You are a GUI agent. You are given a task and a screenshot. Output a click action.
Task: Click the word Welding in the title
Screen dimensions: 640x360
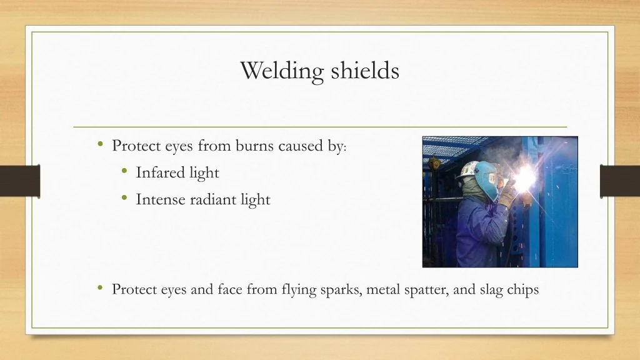[x=282, y=71]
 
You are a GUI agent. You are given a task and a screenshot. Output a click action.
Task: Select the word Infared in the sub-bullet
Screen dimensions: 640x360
[x=161, y=172]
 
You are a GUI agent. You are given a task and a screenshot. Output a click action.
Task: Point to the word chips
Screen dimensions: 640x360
[x=523, y=290]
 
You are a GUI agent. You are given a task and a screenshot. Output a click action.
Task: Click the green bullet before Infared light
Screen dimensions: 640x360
[x=125, y=171]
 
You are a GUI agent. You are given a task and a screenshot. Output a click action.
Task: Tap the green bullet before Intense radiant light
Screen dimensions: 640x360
[x=125, y=198]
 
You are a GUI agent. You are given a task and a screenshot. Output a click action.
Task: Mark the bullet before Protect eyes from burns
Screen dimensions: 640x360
[x=101, y=144]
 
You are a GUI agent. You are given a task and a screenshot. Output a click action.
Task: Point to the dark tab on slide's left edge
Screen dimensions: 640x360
[x=20, y=181]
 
